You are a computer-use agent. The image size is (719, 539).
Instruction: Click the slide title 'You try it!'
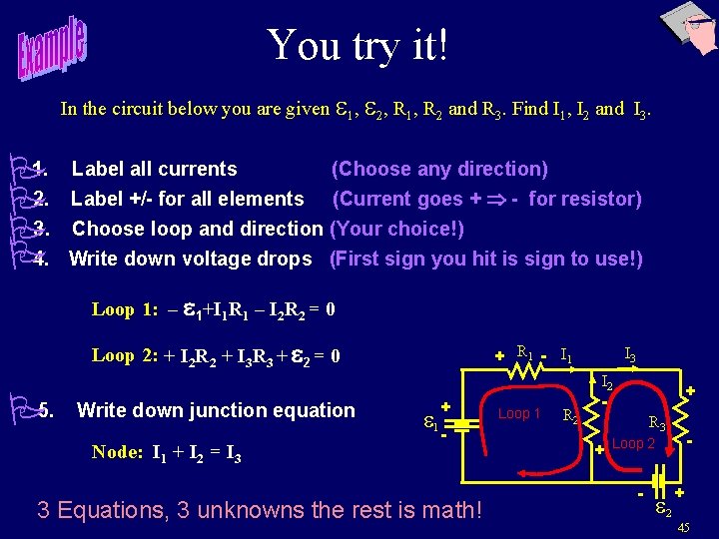pyautogui.click(x=357, y=45)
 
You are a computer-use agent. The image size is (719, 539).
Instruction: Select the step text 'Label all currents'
pyautogui.click(x=154, y=169)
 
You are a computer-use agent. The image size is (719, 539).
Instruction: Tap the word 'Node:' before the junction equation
pyautogui.click(x=117, y=452)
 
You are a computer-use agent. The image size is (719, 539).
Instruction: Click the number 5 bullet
pyautogui.click(x=44, y=410)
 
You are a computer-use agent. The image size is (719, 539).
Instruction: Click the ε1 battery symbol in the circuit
pyautogui.click(x=460, y=423)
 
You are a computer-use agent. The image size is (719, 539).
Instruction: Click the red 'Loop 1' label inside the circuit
pyautogui.click(x=519, y=413)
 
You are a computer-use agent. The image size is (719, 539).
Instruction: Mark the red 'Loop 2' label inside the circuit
pyautogui.click(x=633, y=443)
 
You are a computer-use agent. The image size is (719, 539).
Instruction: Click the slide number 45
pyautogui.click(x=683, y=527)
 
